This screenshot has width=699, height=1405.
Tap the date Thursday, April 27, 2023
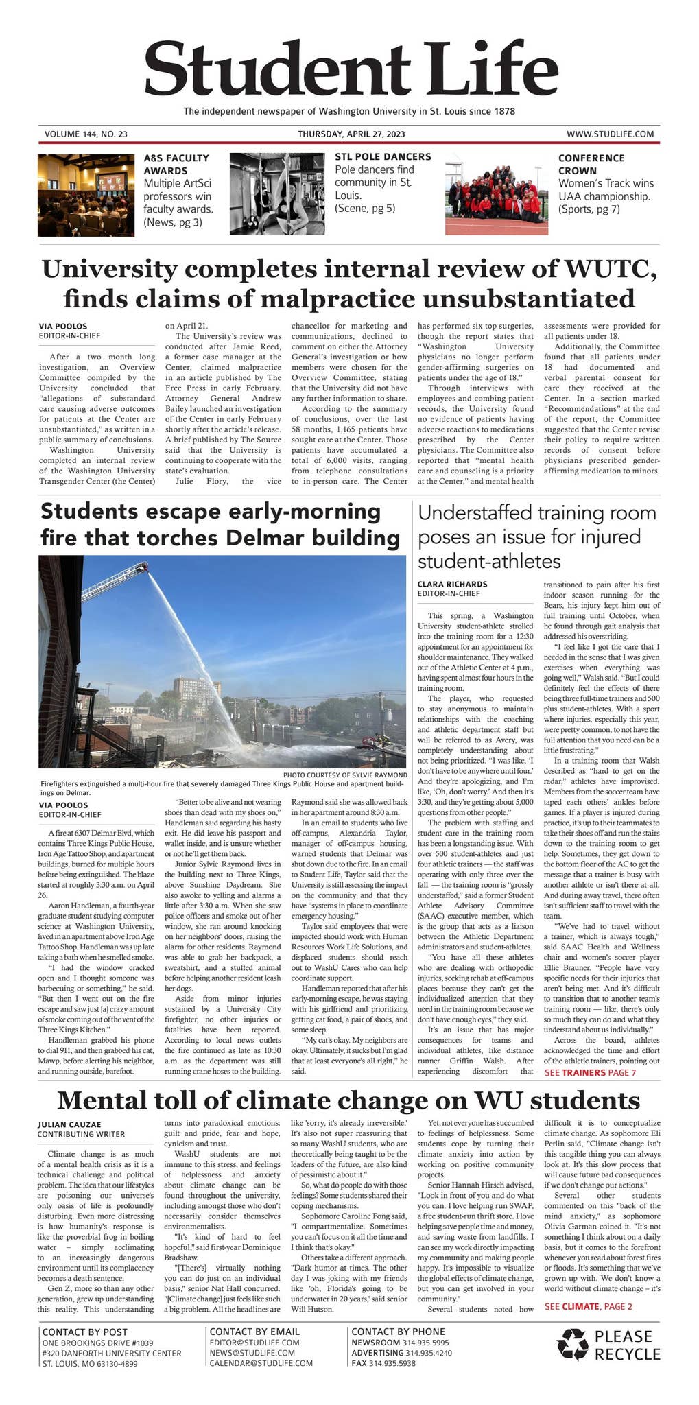pos(351,134)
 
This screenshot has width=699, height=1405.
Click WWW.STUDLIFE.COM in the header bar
pos(609,134)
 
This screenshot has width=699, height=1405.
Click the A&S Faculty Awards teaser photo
pos(86,195)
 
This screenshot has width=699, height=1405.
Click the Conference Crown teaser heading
pos(591,164)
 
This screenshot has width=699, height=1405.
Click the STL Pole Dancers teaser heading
pos(383,156)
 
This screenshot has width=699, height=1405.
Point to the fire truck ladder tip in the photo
pos(143,567)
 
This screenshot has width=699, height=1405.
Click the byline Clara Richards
pos(452,584)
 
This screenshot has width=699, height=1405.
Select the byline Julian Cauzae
pos(69,1124)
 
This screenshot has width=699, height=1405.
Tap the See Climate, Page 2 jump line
pos(588,1306)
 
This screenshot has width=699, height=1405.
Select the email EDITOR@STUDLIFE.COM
pos(254,1342)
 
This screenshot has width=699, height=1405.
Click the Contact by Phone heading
pos(398,1331)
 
